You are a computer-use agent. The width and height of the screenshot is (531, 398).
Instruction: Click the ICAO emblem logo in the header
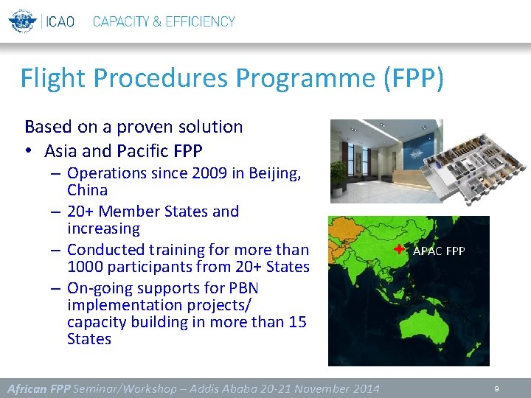tap(22, 21)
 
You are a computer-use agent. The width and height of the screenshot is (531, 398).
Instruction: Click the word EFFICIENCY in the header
tap(198, 21)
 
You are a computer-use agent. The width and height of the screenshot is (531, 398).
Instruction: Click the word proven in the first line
tap(134, 127)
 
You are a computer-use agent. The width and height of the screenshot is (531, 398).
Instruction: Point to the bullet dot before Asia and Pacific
tap(27, 152)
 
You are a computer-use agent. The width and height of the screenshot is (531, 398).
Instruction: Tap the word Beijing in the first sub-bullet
tap(274, 173)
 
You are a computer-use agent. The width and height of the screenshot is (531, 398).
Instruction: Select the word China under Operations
tap(87, 190)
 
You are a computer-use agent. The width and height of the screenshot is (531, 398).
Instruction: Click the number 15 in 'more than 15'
tap(296, 322)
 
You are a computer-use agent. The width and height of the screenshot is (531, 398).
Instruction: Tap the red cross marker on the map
tap(399, 249)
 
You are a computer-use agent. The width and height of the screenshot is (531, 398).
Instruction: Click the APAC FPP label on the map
tap(439, 251)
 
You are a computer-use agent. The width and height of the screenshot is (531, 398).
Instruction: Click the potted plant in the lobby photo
tap(338, 175)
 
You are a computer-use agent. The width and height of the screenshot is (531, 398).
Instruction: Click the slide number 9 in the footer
tap(496, 388)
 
